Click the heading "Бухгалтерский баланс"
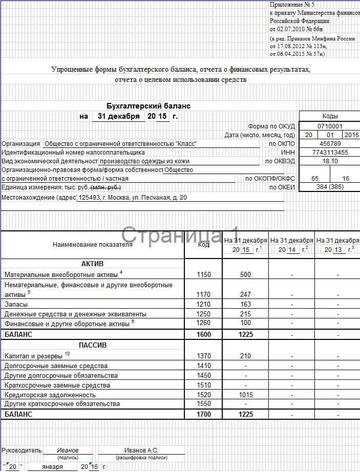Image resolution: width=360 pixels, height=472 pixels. click(148, 106)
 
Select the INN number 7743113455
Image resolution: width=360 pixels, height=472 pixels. click(329, 153)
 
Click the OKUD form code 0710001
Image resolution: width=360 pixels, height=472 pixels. click(329, 126)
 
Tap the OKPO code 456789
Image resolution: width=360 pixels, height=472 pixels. click(329, 144)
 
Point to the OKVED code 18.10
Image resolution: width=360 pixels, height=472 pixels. click(329, 161)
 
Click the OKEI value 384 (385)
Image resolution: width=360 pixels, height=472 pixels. click(329, 187)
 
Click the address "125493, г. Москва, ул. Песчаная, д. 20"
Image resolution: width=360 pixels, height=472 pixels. click(132, 197)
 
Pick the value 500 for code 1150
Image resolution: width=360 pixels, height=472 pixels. click(245, 275)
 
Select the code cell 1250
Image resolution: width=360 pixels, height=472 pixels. click(203, 314)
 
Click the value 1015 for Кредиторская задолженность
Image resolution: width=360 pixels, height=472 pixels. click(245, 395)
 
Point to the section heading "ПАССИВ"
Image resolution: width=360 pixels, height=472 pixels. click(93, 346)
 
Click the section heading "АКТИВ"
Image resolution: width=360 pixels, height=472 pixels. click(93, 264)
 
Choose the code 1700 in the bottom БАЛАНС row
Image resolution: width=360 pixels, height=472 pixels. click(203, 414)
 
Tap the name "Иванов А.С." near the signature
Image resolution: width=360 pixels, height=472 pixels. click(141, 450)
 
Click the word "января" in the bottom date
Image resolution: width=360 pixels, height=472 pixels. click(53, 467)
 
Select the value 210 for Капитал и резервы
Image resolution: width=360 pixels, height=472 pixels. click(245, 356)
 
